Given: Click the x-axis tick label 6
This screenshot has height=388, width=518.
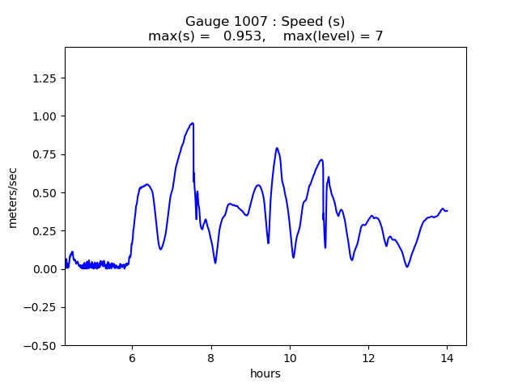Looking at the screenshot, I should tap(132, 357).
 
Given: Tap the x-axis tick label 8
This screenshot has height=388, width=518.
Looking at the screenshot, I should tap(210, 357).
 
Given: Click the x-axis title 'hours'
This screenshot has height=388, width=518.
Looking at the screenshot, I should tap(265, 373).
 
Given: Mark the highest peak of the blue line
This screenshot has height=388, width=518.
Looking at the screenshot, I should tap(193, 123).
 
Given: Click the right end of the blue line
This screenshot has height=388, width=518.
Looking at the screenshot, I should tap(448, 211).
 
